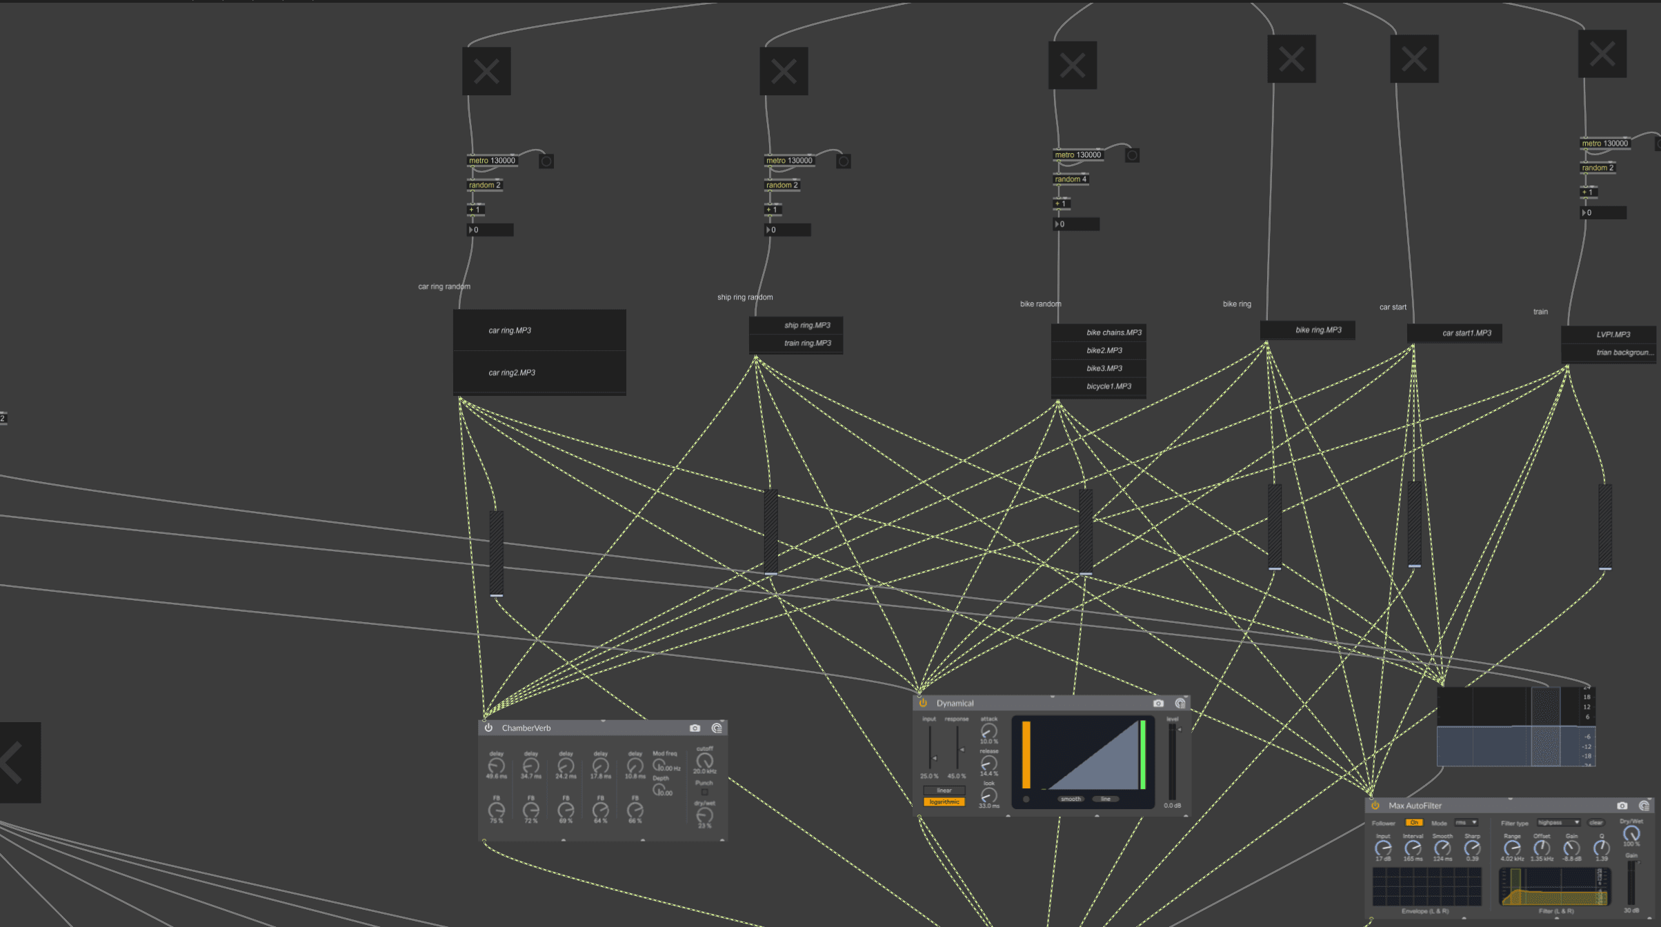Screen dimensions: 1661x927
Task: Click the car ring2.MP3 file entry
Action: [512, 373]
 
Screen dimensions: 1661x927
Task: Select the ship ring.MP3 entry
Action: [807, 326]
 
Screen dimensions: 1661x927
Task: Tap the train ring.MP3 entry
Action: [807, 343]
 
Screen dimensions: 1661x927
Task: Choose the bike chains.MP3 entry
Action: [1113, 333]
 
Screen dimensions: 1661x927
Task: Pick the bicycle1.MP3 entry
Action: [1108, 387]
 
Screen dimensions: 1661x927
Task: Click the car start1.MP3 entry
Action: [1466, 333]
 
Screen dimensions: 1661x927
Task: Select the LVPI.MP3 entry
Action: [1613, 335]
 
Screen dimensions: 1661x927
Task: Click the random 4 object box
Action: [1071, 179]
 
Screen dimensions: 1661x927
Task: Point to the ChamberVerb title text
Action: [526, 728]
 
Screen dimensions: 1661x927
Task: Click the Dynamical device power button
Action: [923, 703]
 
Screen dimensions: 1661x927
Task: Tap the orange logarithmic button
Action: [944, 802]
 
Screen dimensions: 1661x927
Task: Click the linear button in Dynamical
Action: [944, 790]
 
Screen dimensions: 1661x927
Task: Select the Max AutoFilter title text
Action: [1415, 806]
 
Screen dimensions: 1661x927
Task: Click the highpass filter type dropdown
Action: [1558, 823]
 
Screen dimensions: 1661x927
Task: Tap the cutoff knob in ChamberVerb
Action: [704, 761]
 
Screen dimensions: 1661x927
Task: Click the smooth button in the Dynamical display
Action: [1071, 799]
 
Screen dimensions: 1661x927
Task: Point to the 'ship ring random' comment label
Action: [744, 297]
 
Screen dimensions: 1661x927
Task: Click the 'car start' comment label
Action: [1392, 308]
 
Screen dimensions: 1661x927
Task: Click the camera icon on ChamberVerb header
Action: [695, 728]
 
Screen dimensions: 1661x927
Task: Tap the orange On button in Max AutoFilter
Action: [1414, 823]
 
